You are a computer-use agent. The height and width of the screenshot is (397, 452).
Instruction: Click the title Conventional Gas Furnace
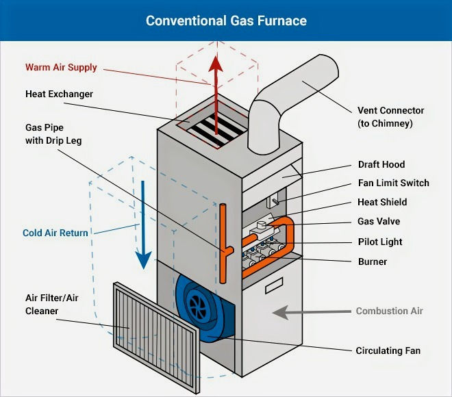pyautogui.click(x=226, y=21)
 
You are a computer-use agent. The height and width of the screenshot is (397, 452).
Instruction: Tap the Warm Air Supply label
pyautogui.click(x=61, y=68)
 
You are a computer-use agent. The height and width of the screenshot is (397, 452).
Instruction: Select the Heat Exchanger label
pyautogui.click(x=59, y=94)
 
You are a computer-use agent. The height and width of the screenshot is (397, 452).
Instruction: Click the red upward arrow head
pyautogui.click(x=216, y=64)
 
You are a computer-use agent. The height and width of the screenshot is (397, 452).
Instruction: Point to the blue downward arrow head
pyautogui.click(x=143, y=260)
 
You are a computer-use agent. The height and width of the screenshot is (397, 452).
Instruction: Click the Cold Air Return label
pyautogui.click(x=55, y=233)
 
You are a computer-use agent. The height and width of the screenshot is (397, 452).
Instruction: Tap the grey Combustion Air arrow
pyautogui.click(x=312, y=312)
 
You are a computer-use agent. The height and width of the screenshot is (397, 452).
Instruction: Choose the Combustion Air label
pyautogui.click(x=389, y=311)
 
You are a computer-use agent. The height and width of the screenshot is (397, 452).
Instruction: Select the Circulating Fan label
pyautogui.click(x=388, y=350)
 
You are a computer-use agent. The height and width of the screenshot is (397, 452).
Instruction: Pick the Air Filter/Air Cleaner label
pyautogui.click(x=52, y=305)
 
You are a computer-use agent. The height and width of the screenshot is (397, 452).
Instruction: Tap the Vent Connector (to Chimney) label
pyautogui.click(x=390, y=116)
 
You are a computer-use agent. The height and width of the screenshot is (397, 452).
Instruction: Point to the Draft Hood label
pyautogui.click(x=381, y=164)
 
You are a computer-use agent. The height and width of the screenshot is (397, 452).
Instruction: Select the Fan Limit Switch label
pyautogui.click(x=394, y=183)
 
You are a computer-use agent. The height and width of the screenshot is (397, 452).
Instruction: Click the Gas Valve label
pyautogui.click(x=379, y=221)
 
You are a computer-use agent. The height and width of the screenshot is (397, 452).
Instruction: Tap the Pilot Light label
pyautogui.click(x=380, y=242)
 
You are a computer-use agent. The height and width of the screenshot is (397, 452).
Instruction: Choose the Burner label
pyautogui.click(x=373, y=261)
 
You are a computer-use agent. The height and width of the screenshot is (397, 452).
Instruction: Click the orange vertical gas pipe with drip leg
pyautogui.click(x=223, y=244)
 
